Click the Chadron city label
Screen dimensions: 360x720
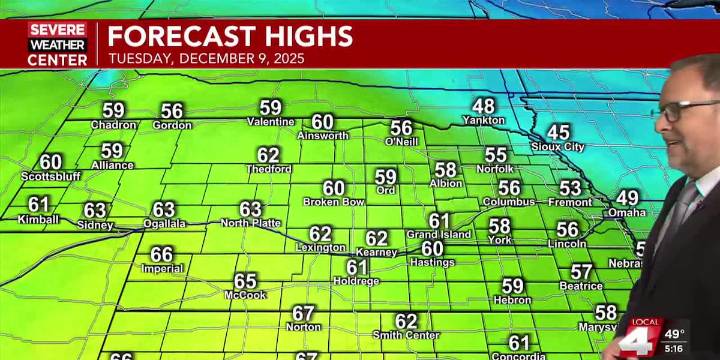(113, 125)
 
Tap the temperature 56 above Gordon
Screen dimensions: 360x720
(172, 111)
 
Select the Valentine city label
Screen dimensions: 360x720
(270, 122)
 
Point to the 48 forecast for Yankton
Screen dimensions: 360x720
(483, 106)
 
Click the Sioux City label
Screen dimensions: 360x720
(558, 146)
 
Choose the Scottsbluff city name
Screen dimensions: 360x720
(50, 177)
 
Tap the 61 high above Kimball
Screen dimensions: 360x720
(38, 204)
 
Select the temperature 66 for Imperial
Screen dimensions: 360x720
(162, 254)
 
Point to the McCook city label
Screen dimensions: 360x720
(245, 295)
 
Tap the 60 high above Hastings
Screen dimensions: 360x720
(432, 248)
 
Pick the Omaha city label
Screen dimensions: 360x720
(627, 212)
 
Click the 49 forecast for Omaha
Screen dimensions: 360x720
(627, 198)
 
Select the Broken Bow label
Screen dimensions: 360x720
(333, 202)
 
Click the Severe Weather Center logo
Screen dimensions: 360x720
(57, 44)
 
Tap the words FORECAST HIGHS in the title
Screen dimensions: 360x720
(230, 37)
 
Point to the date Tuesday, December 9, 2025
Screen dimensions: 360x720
(207, 58)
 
